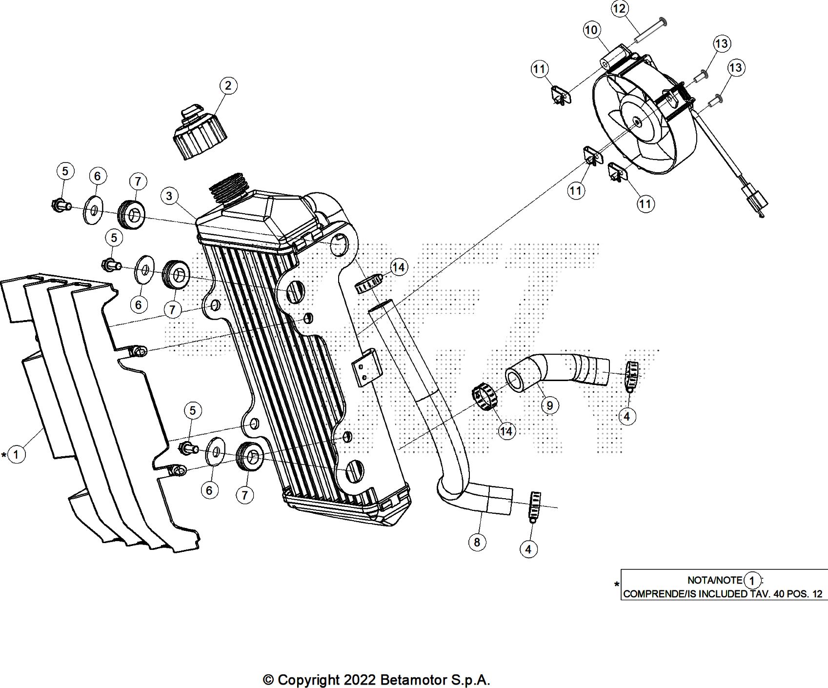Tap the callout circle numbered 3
coord(169,196)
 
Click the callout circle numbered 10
coord(591,30)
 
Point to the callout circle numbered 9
coord(549,405)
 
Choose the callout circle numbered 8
coord(477,542)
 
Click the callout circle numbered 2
coord(228,86)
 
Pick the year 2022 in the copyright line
coord(360,680)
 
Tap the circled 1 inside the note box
coord(752,581)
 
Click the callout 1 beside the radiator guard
coord(17,455)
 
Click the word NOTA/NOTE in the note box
coord(715,581)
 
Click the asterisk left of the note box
coord(617,585)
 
